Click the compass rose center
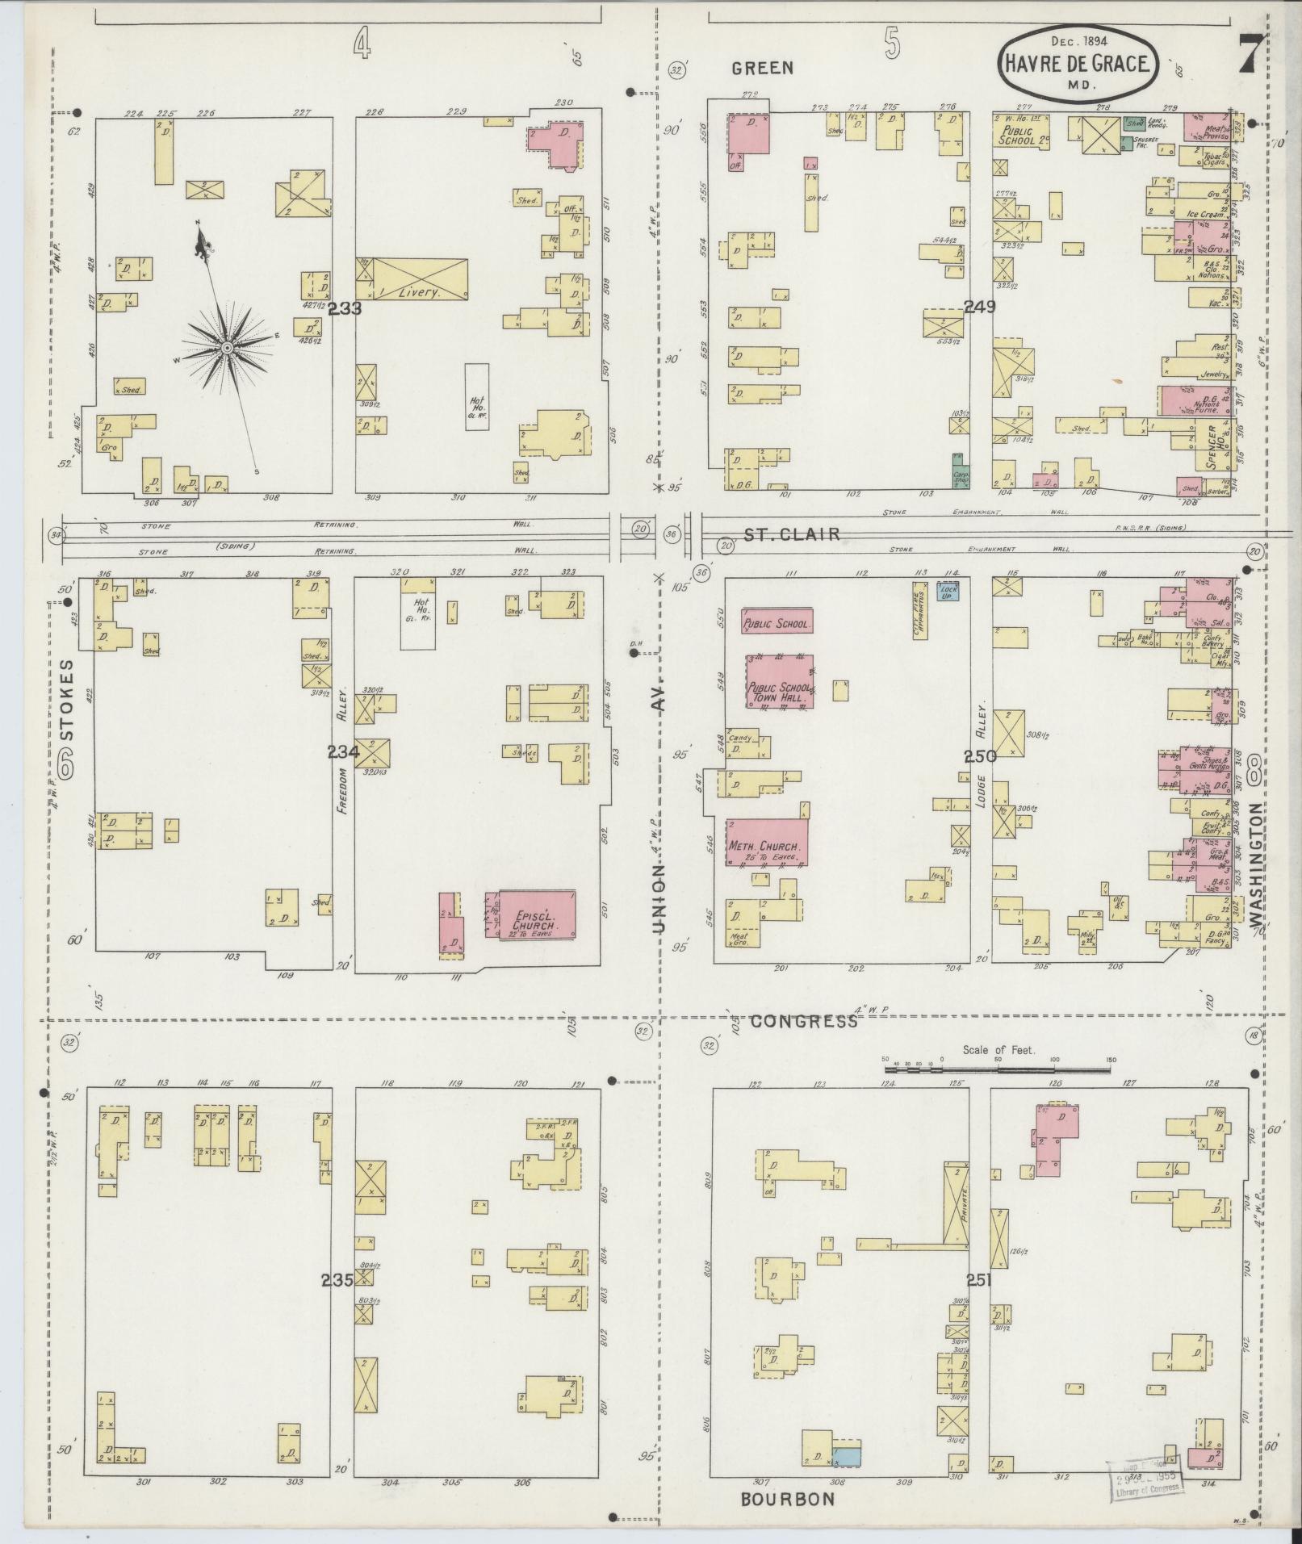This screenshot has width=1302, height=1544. (227, 347)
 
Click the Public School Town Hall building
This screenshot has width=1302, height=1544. (779, 682)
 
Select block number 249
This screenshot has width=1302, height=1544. (979, 306)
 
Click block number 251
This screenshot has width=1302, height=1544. (978, 1280)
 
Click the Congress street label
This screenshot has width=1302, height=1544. (803, 1022)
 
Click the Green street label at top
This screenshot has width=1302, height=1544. (762, 69)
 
